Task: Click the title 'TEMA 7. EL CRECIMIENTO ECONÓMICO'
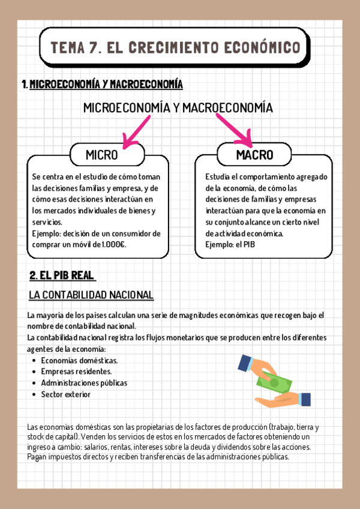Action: coord(175,46)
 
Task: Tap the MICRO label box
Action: coord(107,155)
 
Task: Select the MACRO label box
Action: coord(254,155)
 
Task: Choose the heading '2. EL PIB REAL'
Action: coord(62,276)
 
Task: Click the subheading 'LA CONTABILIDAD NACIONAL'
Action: coord(91,295)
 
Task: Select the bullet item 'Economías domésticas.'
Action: coord(79,360)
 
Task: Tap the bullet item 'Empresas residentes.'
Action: coord(76,372)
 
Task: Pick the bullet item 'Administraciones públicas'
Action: coord(84,383)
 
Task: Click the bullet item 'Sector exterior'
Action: coord(66,394)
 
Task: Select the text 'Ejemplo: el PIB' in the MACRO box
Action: coord(230,244)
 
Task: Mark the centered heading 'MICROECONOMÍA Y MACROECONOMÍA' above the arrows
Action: coord(178,108)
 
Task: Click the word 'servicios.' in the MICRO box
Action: coord(47,221)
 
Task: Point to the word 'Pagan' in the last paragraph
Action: coord(37,457)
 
